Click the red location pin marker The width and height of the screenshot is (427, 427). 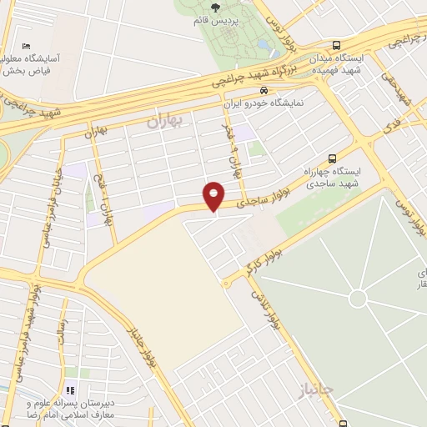(x=214, y=195)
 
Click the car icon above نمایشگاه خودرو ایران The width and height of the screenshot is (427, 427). (x=264, y=90)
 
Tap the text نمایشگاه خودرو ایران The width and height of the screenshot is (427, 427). (x=264, y=104)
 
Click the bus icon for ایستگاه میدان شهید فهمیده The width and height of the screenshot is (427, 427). (x=335, y=46)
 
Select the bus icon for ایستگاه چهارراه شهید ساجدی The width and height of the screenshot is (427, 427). (x=333, y=158)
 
